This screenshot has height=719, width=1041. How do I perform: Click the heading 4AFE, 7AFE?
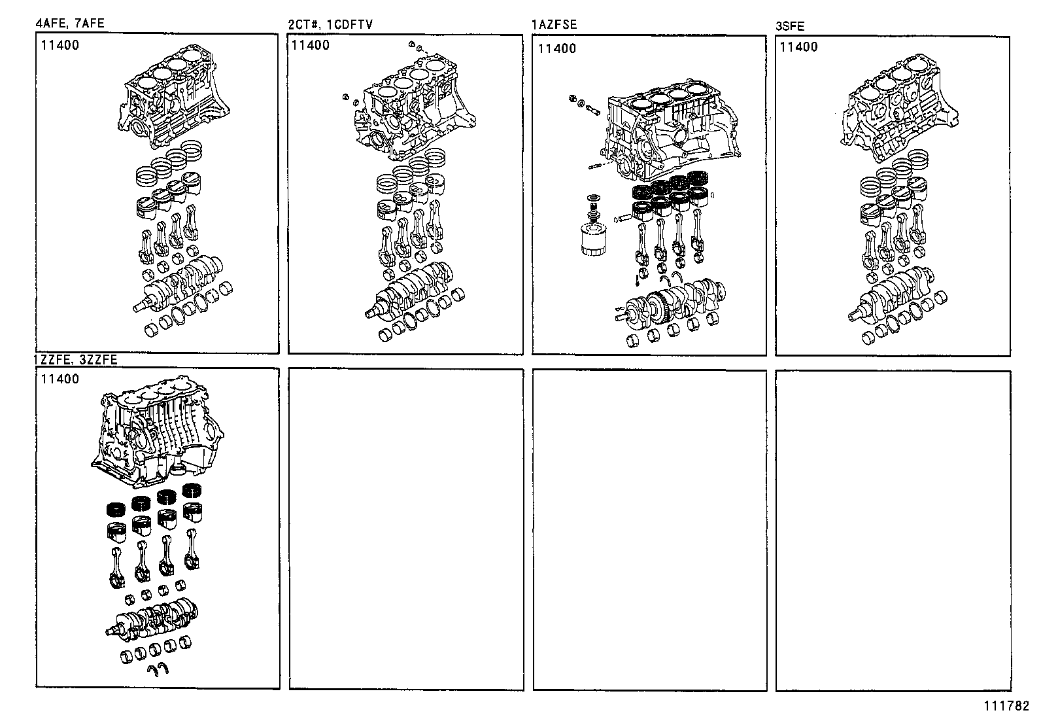click(70, 24)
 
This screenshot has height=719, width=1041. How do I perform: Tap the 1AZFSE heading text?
click(555, 26)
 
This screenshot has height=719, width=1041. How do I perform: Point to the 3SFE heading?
click(790, 27)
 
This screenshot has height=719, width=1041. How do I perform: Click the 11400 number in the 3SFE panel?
click(798, 47)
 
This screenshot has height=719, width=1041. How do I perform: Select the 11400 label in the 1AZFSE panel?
click(557, 48)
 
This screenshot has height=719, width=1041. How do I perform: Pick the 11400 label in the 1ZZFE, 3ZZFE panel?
click(60, 379)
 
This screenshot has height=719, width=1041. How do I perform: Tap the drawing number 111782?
click(1008, 707)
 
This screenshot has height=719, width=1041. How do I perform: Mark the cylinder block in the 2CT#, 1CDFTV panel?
click(412, 111)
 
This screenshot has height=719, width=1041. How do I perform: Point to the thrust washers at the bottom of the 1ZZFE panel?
click(160, 668)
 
